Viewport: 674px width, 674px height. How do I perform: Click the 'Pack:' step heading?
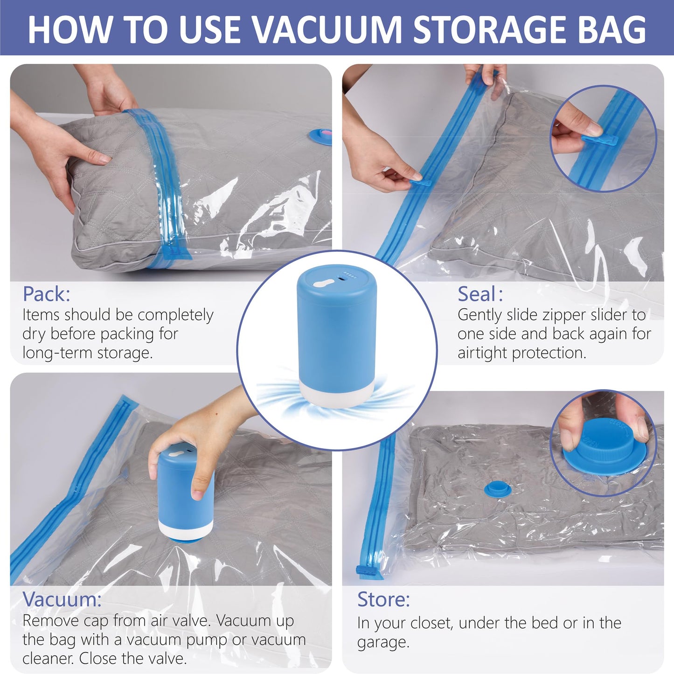point(47,294)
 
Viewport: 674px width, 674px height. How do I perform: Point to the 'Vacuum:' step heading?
point(62,599)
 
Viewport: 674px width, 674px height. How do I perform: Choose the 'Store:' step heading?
point(383,599)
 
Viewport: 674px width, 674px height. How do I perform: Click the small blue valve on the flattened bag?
point(497,489)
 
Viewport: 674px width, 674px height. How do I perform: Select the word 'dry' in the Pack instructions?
point(34,334)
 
